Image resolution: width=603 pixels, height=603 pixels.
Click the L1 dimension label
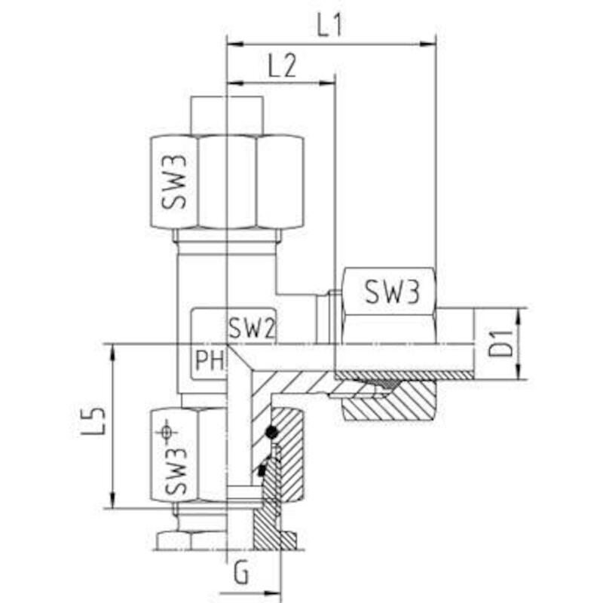click(x=329, y=26)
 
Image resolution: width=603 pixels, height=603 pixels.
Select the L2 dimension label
click(x=282, y=66)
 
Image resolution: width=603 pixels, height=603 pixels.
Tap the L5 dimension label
click(x=93, y=421)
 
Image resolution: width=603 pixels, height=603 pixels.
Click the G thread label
click(x=241, y=574)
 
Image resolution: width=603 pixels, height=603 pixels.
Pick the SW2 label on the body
click(x=252, y=328)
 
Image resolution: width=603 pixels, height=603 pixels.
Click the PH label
click(x=210, y=360)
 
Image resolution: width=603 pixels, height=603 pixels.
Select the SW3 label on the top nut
click(x=174, y=182)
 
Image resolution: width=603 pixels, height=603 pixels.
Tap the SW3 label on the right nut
click(x=392, y=292)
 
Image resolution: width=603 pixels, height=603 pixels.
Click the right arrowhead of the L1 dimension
click(x=427, y=44)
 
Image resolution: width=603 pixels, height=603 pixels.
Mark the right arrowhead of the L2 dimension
click(x=327, y=83)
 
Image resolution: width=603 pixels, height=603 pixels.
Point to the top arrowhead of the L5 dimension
click(x=112, y=352)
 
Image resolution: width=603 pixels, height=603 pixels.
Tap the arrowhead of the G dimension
click(x=273, y=594)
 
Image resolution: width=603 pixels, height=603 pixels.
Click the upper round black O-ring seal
click(x=271, y=432)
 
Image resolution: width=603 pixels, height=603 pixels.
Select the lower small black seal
click(x=262, y=470)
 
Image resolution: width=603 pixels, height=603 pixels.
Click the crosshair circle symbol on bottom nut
click(x=166, y=432)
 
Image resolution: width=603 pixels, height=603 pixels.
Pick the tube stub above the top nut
click(x=227, y=115)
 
